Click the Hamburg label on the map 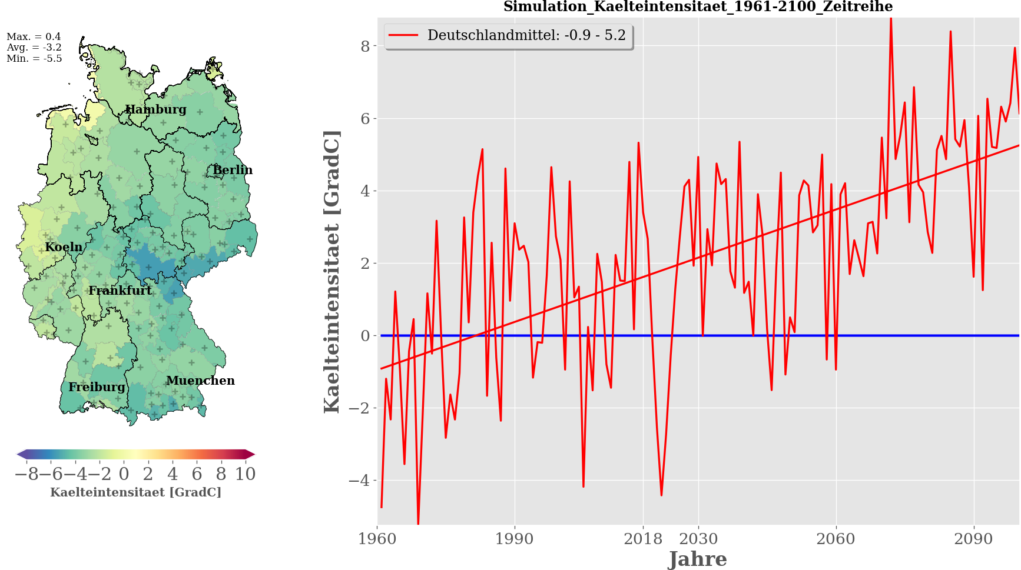[155, 109]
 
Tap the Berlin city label [233, 170]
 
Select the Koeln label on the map [64, 247]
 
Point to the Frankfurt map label [120, 291]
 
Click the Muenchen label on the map [200, 381]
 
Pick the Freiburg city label [97, 387]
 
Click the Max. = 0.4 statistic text [34, 36]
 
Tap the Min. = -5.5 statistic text [34, 59]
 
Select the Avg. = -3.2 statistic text [34, 48]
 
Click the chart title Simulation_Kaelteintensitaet [698, 7]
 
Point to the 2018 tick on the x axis [643, 539]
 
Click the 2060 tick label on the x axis [836, 539]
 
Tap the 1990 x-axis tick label [515, 539]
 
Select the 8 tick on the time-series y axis [365, 46]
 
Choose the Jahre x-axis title [698, 559]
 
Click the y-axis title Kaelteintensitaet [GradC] [332, 271]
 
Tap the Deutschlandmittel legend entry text [526, 35]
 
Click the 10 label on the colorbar [246, 474]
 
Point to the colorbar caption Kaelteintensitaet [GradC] [135, 492]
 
